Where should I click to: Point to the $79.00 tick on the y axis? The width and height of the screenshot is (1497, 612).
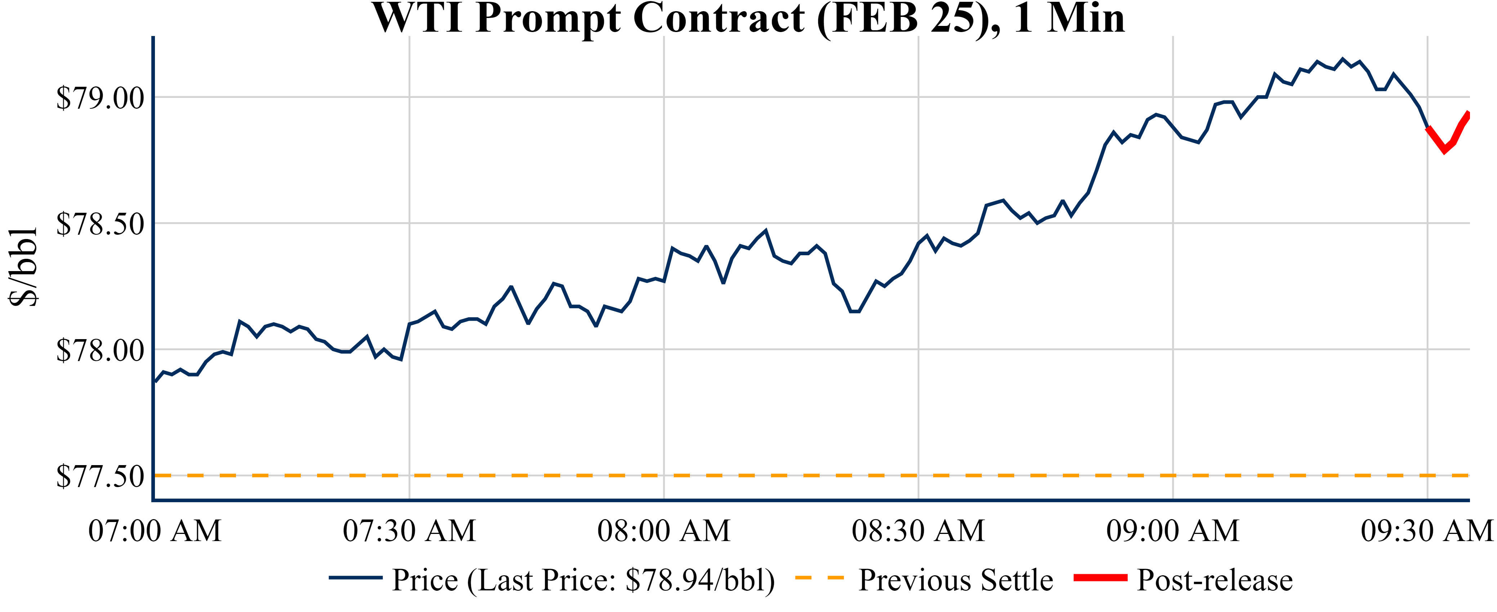coord(100,98)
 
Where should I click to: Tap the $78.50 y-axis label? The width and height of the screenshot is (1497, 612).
coord(100,224)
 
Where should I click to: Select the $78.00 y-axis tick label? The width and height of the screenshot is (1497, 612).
coord(100,350)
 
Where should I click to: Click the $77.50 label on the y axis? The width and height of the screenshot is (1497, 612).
coord(100,476)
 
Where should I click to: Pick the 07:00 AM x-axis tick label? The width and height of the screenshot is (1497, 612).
coord(155,531)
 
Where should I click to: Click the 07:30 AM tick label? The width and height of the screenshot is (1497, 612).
coord(409,531)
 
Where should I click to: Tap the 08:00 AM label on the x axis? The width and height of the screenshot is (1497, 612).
coord(664,531)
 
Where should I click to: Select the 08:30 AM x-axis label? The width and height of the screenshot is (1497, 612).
coord(918,531)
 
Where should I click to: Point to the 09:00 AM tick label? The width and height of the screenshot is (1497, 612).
coord(1173,531)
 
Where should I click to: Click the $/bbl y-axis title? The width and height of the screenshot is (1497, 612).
coord(23,267)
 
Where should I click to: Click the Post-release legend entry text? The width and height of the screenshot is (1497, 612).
coord(1215,580)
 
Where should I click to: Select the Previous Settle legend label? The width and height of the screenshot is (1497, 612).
coord(955,580)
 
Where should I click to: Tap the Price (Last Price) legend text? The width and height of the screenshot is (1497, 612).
coord(583,580)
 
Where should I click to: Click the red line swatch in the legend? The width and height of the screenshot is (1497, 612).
coord(1100,578)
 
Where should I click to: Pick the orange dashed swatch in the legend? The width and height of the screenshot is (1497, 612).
coord(819,578)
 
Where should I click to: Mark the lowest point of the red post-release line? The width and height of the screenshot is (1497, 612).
coord(1444,151)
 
